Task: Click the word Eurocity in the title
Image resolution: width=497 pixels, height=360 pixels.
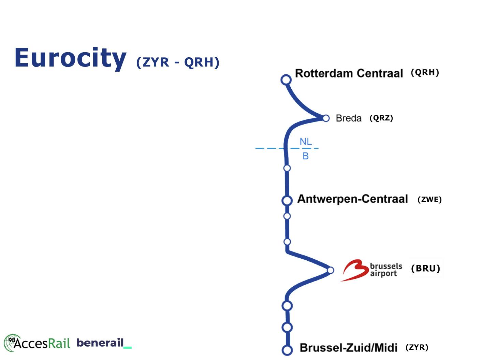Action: pyautogui.click(x=70, y=58)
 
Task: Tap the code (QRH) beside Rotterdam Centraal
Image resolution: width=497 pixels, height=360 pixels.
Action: pyautogui.click(x=425, y=73)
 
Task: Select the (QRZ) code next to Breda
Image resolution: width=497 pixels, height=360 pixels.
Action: pyautogui.click(x=381, y=118)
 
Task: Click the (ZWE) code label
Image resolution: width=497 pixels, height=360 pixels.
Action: pyautogui.click(x=429, y=200)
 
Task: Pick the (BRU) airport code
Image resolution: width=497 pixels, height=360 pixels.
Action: pyautogui.click(x=426, y=268)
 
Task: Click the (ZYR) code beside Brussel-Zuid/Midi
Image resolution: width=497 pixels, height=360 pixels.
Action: pyautogui.click(x=417, y=347)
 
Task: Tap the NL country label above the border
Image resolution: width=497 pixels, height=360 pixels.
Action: pyautogui.click(x=306, y=142)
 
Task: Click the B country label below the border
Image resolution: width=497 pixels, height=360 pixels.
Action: pyautogui.click(x=306, y=156)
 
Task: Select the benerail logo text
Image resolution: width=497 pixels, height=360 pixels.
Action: pyautogui.click(x=100, y=343)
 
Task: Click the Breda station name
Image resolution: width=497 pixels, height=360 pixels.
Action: pyautogui.click(x=349, y=118)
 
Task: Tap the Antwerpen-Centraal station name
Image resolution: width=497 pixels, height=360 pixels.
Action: pyautogui.click(x=353, y=199)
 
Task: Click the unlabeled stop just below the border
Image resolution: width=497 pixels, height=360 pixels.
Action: pyautogui.click(x=287, y=168)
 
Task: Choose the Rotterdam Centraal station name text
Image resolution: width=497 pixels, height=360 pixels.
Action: pyautogui.click(x=349, y=73)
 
